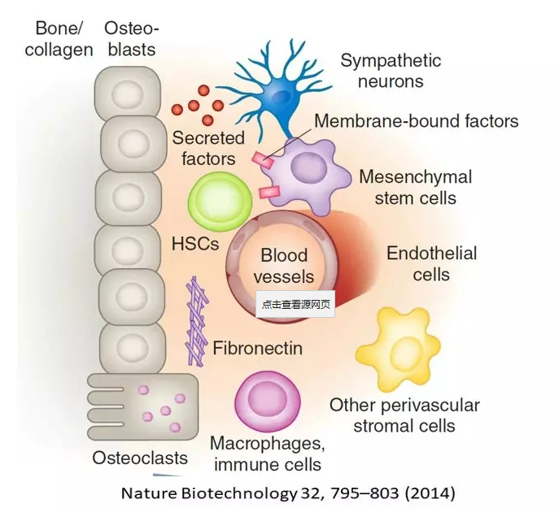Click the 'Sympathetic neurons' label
click(391, 71)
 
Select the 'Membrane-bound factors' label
click(416, 121)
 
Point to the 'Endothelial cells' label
click(431, 263)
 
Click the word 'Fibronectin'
click(257, 349)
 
